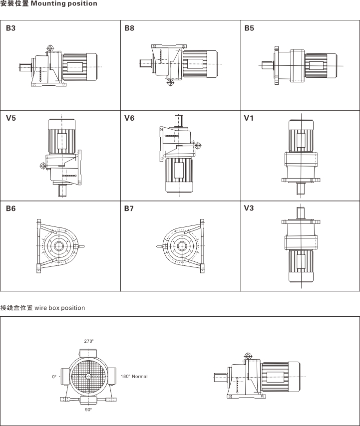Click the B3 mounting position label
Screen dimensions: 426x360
[11, 28]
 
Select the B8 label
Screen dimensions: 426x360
[129, 28]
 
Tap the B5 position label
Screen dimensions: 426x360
[249, 28]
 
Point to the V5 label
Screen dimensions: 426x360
[11, 118]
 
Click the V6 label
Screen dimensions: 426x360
[129, 118]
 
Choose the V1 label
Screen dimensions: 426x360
[249, 118]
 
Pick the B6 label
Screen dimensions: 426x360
[11, 209]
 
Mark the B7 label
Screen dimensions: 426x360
[129, 209]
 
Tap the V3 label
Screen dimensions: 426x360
[249, 209]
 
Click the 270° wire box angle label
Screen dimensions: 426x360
[89, 341]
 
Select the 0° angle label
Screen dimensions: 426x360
[54, 376]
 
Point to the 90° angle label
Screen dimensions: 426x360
[88, 410]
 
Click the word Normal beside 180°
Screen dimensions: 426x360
[140, 376]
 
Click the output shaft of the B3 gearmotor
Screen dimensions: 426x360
[25, 65]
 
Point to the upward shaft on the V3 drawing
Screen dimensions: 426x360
[301, 212]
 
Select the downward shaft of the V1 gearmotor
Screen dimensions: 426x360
[301, 188]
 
